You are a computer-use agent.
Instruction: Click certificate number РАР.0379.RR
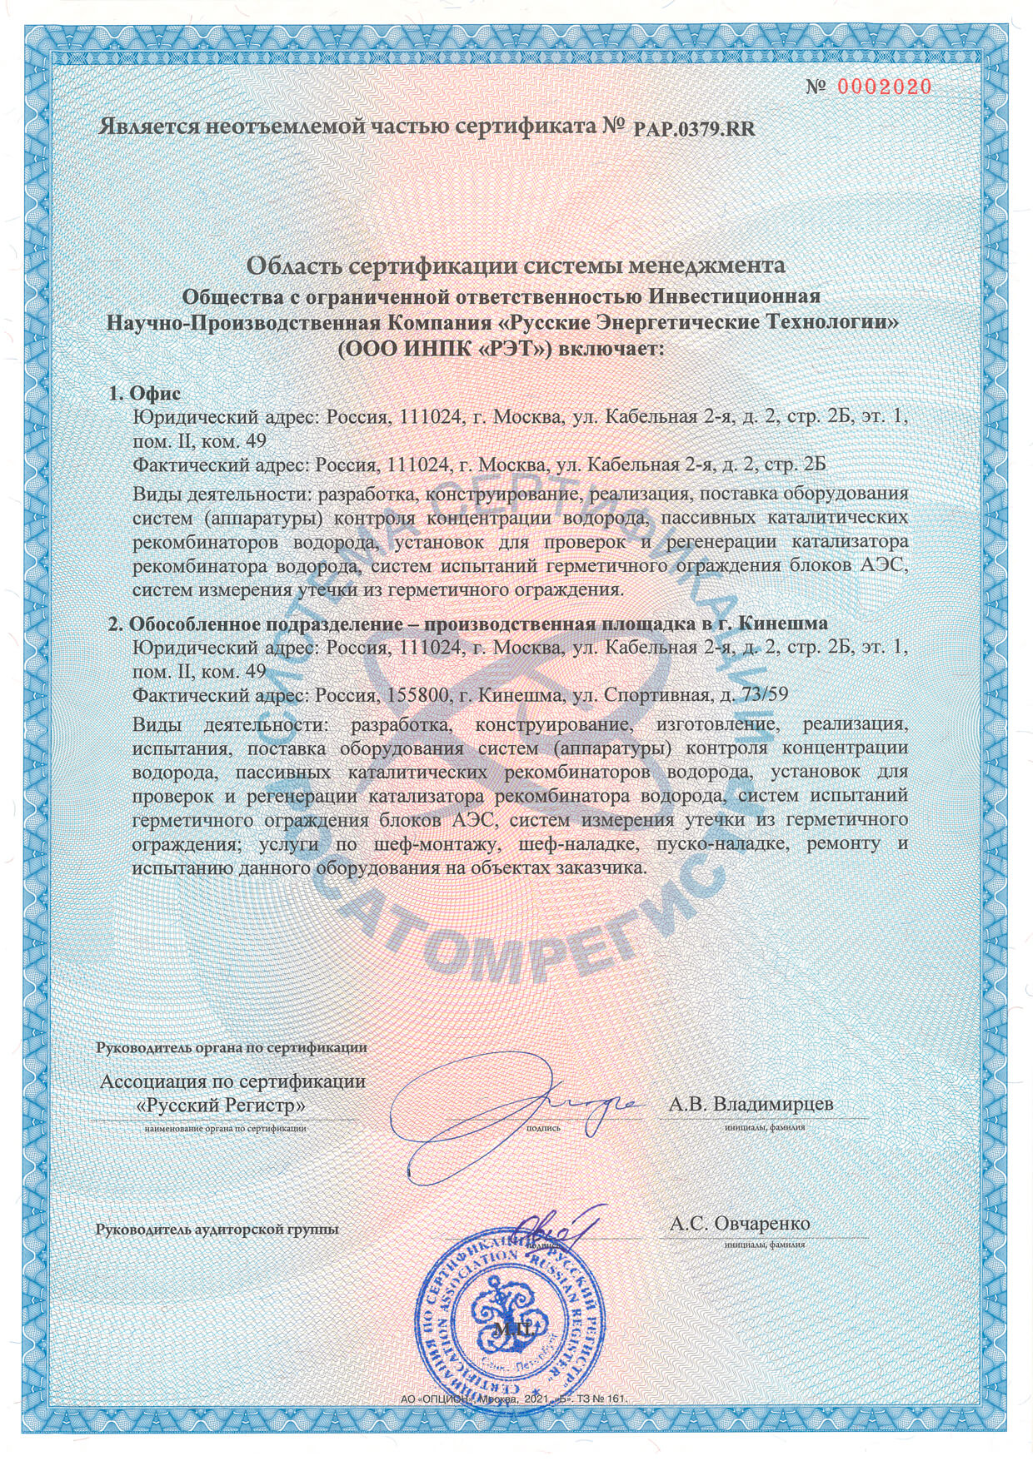point(695,129)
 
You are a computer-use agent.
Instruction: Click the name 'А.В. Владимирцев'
point(751,1104)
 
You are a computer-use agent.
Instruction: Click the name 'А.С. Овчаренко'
point(740,1223)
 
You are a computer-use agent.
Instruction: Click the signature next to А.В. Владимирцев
point(516,1116)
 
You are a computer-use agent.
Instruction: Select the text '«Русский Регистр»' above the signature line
point(220,1106)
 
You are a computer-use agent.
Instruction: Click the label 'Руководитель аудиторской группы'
point(217,1229)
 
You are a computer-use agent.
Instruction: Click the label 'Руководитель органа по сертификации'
point(232,1047)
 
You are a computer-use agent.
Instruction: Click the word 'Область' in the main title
point(292,266)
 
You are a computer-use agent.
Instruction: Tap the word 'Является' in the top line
point(149,127)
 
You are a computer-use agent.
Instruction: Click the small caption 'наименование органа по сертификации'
point(225,1129)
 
